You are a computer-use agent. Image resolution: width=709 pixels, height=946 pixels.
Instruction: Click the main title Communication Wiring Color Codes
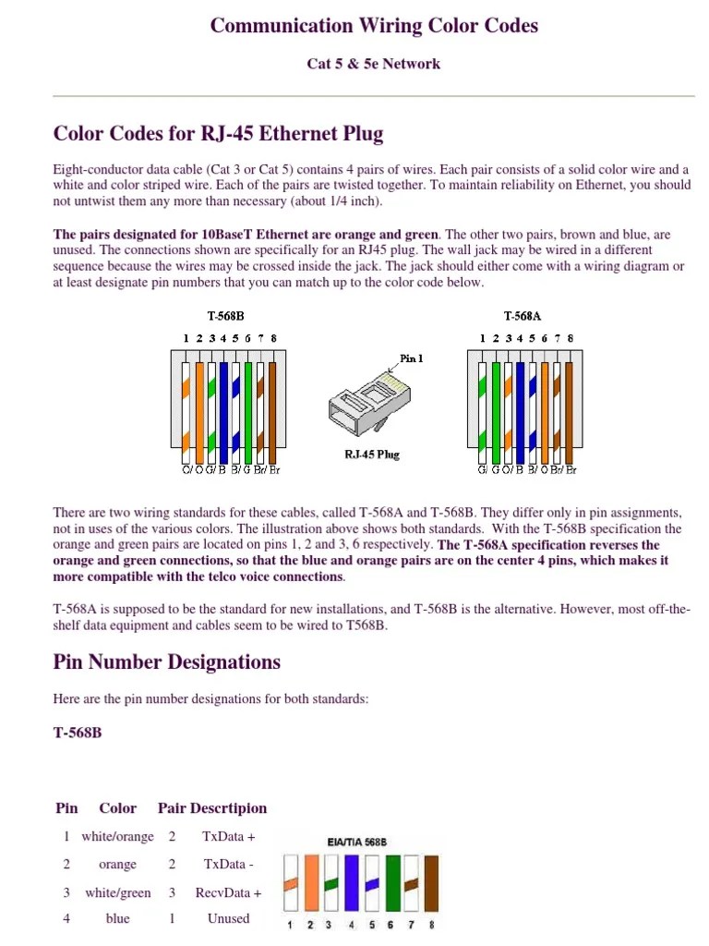click(374, 25)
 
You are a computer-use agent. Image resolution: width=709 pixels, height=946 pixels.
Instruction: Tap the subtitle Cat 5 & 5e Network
click(373, 64)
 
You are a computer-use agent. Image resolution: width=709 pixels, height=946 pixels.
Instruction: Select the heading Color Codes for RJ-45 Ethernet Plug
click(218, 134)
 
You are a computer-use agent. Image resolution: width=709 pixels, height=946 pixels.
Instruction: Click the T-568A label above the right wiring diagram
click(523, 316)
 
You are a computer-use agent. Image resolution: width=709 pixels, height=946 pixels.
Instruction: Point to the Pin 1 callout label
click(412, 358)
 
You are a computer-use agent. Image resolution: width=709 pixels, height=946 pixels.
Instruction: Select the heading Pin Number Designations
click(167, 661)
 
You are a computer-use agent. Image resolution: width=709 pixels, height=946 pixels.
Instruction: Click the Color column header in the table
click(117, 807)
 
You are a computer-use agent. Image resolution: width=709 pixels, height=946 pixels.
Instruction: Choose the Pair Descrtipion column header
click(212, 807)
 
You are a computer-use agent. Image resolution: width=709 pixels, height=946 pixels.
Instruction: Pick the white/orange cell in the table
click(117, 836)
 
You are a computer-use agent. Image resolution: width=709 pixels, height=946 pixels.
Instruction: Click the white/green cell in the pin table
click(117, 892)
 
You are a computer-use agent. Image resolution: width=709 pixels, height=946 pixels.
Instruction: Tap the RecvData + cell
click(228, 892)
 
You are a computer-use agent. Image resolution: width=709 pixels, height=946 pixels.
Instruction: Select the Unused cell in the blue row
click(228, 918)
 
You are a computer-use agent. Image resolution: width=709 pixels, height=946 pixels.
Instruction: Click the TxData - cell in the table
click(228, 864)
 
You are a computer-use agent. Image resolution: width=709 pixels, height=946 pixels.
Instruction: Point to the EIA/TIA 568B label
click(356, 843)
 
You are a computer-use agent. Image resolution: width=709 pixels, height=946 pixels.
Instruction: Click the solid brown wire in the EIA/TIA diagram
click(432, 881)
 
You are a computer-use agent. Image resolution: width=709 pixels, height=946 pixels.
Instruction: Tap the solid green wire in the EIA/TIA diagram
click(392, 881)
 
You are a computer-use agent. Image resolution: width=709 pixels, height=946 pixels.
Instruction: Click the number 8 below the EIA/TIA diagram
click(432, 924)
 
